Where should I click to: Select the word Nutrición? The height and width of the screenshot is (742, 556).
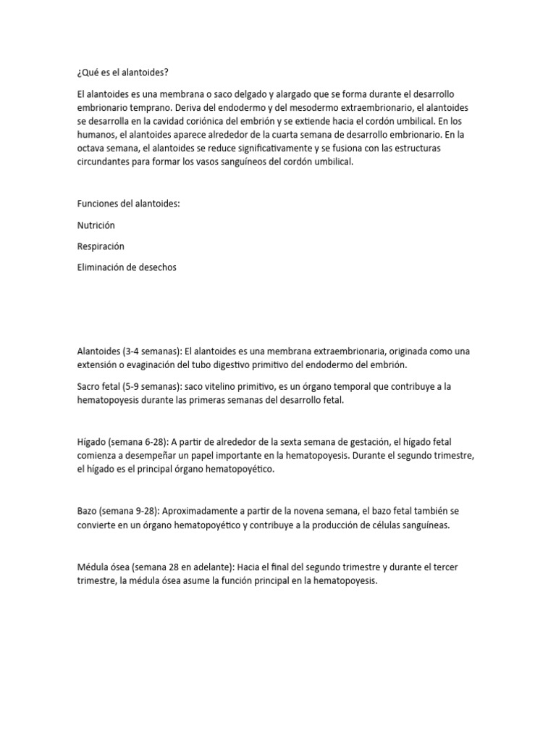click(x=96, y=225)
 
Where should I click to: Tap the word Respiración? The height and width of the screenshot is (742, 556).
click(x=101, y=246)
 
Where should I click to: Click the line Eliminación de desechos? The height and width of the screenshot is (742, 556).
click(x=126, y=267)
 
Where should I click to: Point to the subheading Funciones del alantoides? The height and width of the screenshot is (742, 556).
click(x=127, y=204)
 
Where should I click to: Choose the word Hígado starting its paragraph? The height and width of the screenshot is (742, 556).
click(x=92, y=441)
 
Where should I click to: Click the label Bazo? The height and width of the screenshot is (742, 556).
click(x=88, y=511)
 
